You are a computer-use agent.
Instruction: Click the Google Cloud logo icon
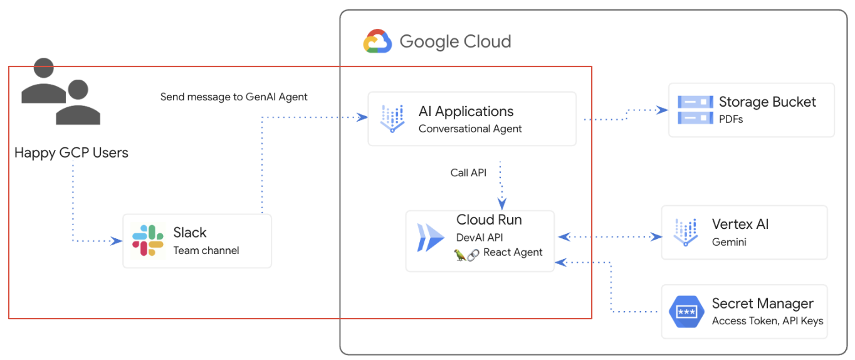click(377, 42)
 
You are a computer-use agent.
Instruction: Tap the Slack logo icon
click(148, 240)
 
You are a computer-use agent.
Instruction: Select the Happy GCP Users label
click(71, 153)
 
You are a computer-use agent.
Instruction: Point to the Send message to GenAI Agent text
click(234, 97)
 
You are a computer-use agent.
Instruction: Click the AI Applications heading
click(466, 112)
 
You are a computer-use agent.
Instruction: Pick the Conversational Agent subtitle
click(470, 129)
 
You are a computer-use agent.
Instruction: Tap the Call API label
click(468, 172)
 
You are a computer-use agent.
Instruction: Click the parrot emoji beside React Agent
click(461, 253)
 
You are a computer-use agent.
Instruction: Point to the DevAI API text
click(480, 237)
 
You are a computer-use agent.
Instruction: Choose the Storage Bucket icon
click(695, 110)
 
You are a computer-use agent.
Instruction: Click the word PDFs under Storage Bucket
click(731, 119)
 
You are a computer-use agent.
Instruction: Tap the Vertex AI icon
click(685, 232)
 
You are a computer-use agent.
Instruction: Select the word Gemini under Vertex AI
click(729, 241)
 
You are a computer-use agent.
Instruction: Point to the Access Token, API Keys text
click(767, 320)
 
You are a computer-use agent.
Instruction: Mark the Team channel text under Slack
click(206, 250)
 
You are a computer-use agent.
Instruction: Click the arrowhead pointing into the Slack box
click(117, 240)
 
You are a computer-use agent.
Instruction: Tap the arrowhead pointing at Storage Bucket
click(663, 110)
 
